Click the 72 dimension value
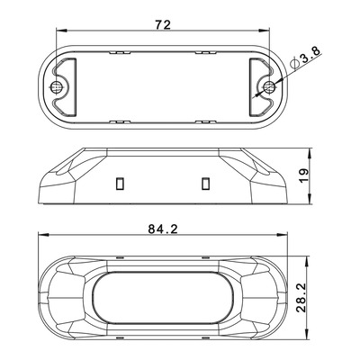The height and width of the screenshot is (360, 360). pyautogui.click(x=163, y=24)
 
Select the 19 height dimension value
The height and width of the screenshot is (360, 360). pyautogui.click(x=304, y=176)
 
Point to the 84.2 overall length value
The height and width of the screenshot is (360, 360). pyautogui.click(x=163, y=229)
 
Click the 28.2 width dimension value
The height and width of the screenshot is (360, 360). pyautogui.click(x=301, y=298)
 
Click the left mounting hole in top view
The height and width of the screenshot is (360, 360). pyautogui.click(x=57, y=86)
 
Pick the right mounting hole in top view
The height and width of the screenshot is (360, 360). pyautogui.click(x=268, y=87)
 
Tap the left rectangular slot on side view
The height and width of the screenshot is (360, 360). pyautogui.click(x=120, y=184)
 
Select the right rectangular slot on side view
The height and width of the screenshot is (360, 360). pyautogui.click(x=205, y=184)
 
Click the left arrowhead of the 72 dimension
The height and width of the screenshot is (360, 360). pyautogui.click(x=60, y=31)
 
